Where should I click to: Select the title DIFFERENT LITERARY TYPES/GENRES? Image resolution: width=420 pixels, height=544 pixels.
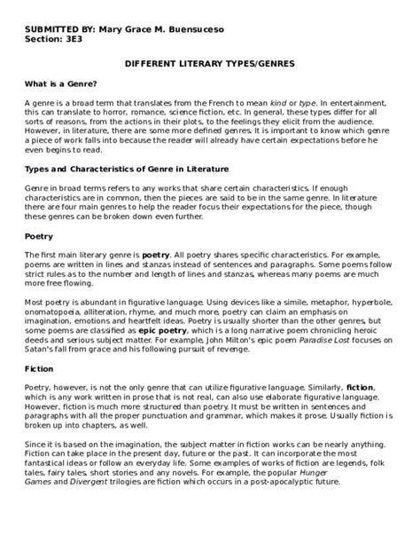(209, 66)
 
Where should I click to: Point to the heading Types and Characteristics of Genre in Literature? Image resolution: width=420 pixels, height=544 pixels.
(127, 168)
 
